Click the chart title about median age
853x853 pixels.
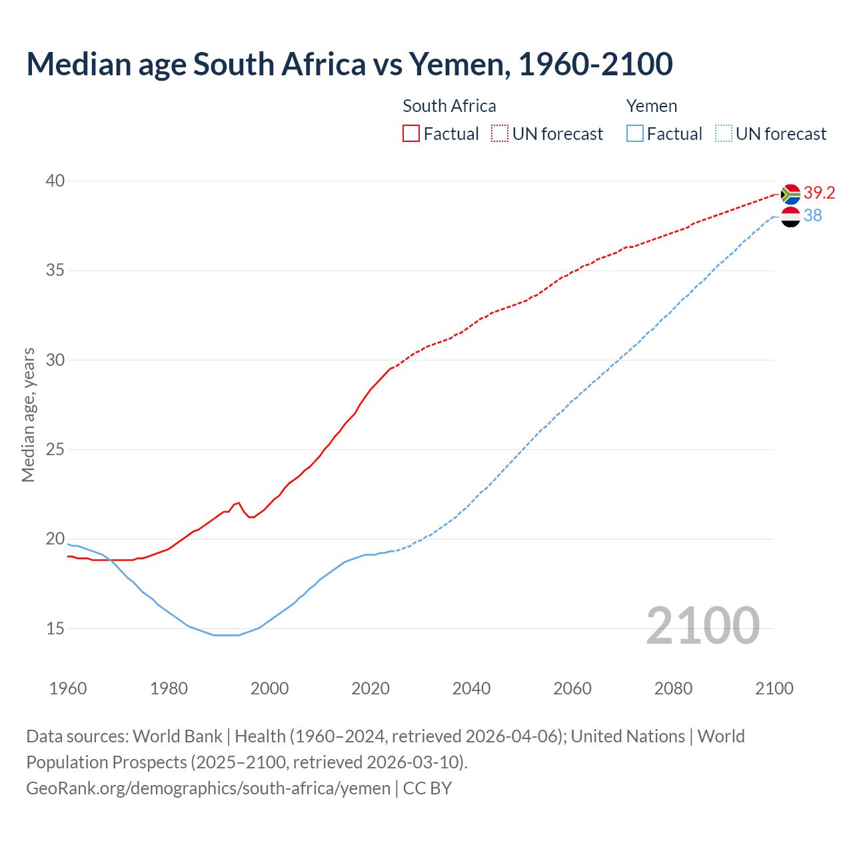(x=349, y=65)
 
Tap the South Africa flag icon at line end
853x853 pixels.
(x=790, y=194)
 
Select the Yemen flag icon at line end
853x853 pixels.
(x=790, y=217)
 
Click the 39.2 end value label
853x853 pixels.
(x=819, y=193)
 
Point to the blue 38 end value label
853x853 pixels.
(x=812, y=216)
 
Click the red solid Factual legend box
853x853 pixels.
(x=411, y=134)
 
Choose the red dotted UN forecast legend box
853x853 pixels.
(x=500, y=134)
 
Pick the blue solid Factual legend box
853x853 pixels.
(x=635, y=134)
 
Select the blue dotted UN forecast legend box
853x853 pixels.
(x=724, y=134)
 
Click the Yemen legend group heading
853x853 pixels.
(x=651, y=107)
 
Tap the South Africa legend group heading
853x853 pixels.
(x=449, y=107)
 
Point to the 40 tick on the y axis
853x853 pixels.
(x=55, y=181)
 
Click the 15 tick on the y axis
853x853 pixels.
(x=55, y=628)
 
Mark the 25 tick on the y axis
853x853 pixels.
(x=55, y=450)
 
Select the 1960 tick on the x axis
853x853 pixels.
(x=68, y=688)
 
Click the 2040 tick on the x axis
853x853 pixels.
(x=471, y=688)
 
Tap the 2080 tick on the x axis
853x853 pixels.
(x=673, y=688)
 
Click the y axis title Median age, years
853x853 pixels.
(x=28, y=415)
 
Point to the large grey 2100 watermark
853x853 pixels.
(x=702, y=626)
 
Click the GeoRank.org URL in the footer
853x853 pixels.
(x=208, y=788)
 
